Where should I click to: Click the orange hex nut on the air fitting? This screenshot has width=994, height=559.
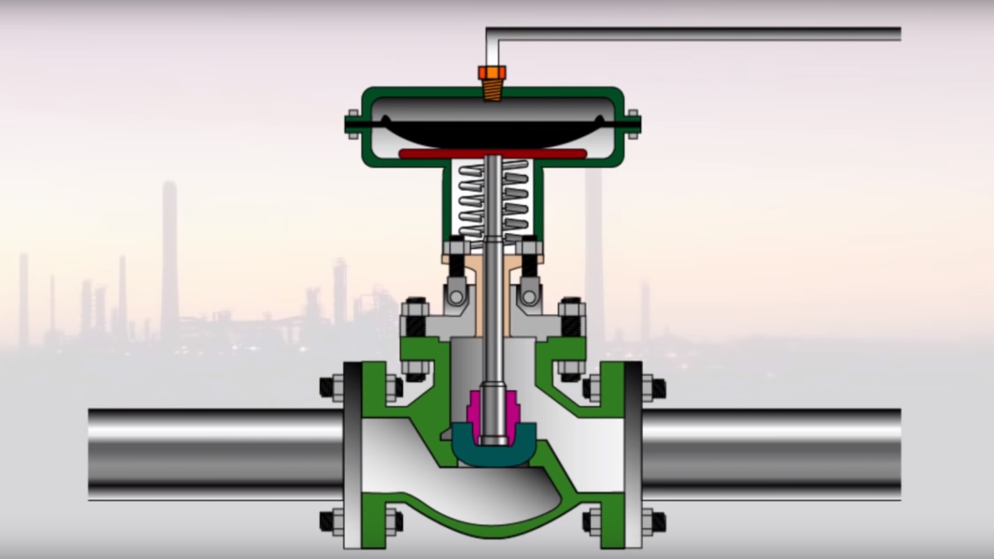point(492,73)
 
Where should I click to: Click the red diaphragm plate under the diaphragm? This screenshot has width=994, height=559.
point(493,154)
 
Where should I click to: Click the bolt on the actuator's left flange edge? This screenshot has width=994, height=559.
point(353,124)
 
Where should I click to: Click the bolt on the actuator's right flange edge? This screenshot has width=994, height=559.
point(633,124)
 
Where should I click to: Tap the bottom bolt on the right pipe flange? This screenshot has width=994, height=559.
point(653,521)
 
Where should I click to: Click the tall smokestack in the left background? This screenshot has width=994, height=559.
point(170,259)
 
